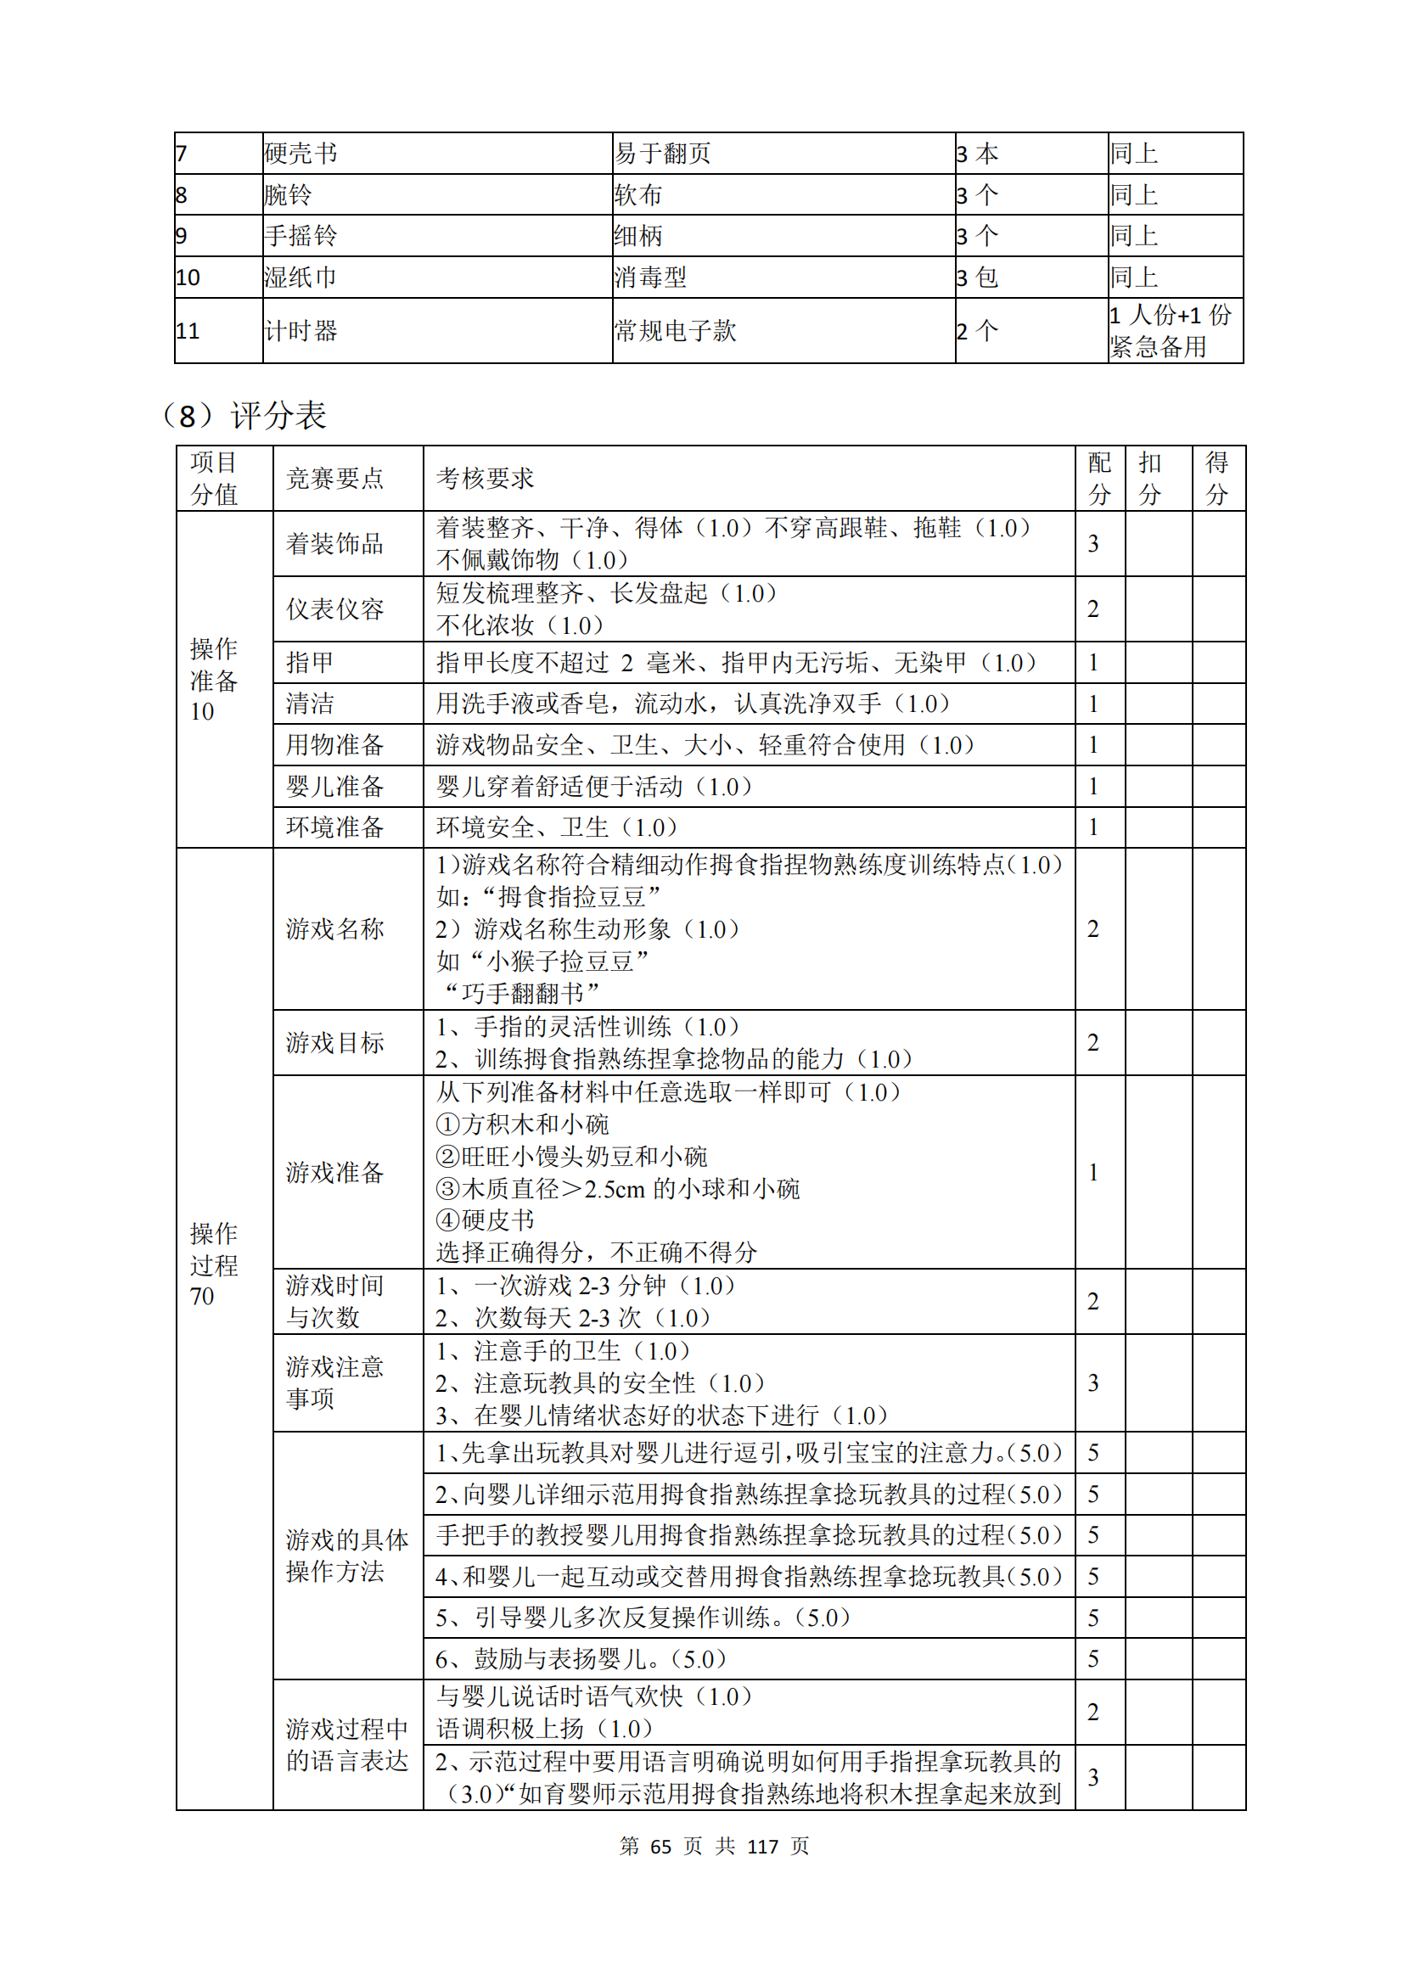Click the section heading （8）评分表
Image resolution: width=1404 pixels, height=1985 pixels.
244,416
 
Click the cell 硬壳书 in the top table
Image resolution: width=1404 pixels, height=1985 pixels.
300,154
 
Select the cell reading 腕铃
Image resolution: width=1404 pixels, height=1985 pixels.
288,195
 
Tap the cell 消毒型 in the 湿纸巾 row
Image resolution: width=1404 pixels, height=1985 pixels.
650,278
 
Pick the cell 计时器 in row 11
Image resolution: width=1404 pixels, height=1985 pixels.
300,330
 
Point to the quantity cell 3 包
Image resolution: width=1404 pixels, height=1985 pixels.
977,278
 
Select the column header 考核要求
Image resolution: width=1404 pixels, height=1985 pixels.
485,478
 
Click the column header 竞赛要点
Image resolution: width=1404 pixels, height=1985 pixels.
334,478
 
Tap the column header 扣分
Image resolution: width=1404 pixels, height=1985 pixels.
1149,478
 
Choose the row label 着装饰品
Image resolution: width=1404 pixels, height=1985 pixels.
334,544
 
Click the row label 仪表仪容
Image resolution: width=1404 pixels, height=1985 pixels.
334,609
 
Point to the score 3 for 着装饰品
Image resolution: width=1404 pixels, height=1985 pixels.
1092,544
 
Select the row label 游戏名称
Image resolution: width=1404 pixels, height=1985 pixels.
334,929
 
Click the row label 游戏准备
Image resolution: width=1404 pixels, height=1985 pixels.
334,1172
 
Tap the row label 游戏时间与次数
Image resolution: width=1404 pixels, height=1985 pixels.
334,1301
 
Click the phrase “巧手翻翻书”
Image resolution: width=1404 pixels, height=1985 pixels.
521,994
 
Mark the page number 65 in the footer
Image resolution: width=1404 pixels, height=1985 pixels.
660,1847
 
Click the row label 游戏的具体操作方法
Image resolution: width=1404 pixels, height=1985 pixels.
346,1556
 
